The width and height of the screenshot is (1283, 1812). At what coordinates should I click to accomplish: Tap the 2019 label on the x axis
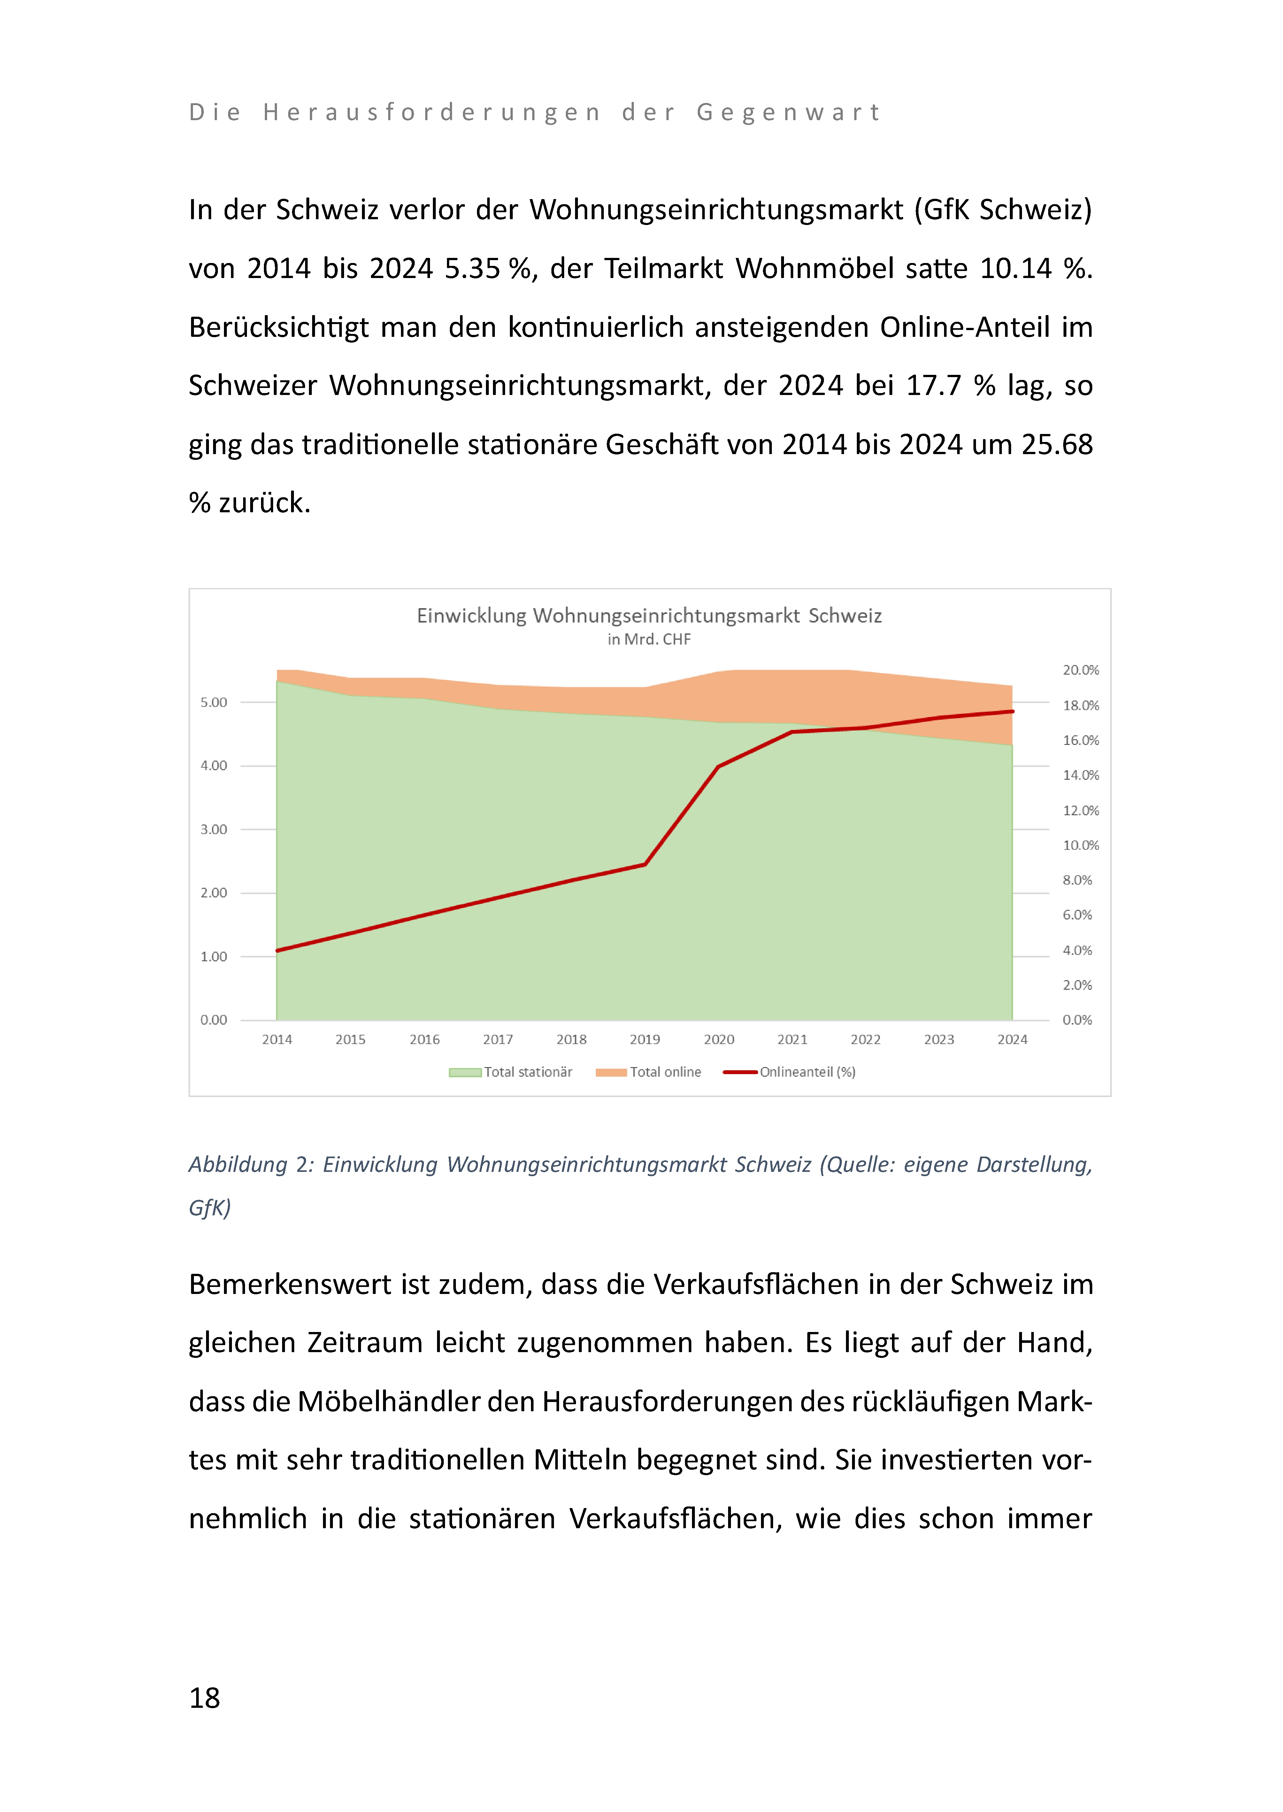click(645, 1039)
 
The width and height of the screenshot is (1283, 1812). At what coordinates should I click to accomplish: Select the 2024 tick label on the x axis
click(1012, 1039)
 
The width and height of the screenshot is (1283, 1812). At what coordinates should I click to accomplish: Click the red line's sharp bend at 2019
click(645, 864)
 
